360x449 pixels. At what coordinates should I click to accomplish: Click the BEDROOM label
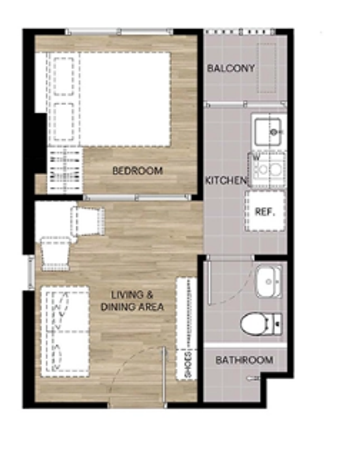[138, 171]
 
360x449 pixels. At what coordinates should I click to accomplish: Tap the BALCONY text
[231, 68]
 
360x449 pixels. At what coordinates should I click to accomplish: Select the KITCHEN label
[226, 181]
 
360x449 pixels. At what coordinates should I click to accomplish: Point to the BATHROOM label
[244, 360]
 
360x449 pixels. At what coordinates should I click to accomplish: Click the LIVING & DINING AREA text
[132, 301]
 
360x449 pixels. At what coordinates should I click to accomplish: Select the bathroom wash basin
[269, 281]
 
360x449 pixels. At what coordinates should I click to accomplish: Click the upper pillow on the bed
[64, 76]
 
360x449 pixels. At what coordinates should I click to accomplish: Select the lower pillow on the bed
[64, 122]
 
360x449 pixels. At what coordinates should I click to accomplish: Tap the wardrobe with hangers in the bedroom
[65, 170]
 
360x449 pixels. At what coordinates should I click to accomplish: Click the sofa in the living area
[65, 331]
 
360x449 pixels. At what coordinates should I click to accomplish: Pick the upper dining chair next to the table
[88, 221]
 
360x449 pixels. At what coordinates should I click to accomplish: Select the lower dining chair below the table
[56, 254]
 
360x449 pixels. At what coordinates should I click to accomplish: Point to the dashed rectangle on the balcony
[267, 68]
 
